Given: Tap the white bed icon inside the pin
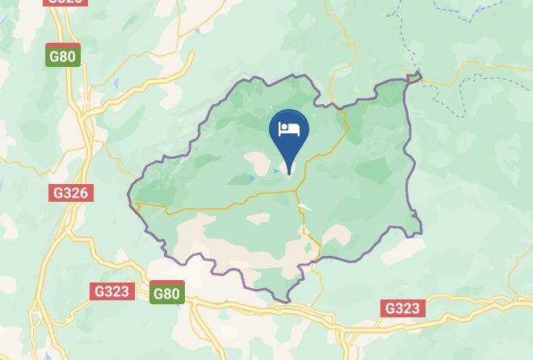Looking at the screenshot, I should pyautogui.click(x=289, y=129).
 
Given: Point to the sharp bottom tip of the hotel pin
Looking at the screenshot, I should pyautogui.click(x=289, y=174).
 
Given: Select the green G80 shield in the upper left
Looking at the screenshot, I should pyautogui.click(x=62, y=57).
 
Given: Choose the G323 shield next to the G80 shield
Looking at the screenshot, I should pyautogui.click(x=111, y=291).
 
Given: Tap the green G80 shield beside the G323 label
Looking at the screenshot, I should pyautogui.click(x=166, y=294).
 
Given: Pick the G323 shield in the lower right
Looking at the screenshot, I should pyautogui.click(x=402, y=308).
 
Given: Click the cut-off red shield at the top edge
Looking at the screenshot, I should pyautogui.click(x=65, y=2).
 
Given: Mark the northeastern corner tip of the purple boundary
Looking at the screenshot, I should pyautogui.click(x=419, y=76).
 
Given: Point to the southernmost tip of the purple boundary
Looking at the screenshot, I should pyautogui.click(x=287, y=302).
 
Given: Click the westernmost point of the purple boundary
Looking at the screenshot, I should pyautogui.click(x=129, y=195).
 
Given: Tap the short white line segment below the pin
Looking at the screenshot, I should pyautogui.click(x=305, y=207).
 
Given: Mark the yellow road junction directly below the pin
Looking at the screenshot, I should pyautogui.click(x=296, y=192).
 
